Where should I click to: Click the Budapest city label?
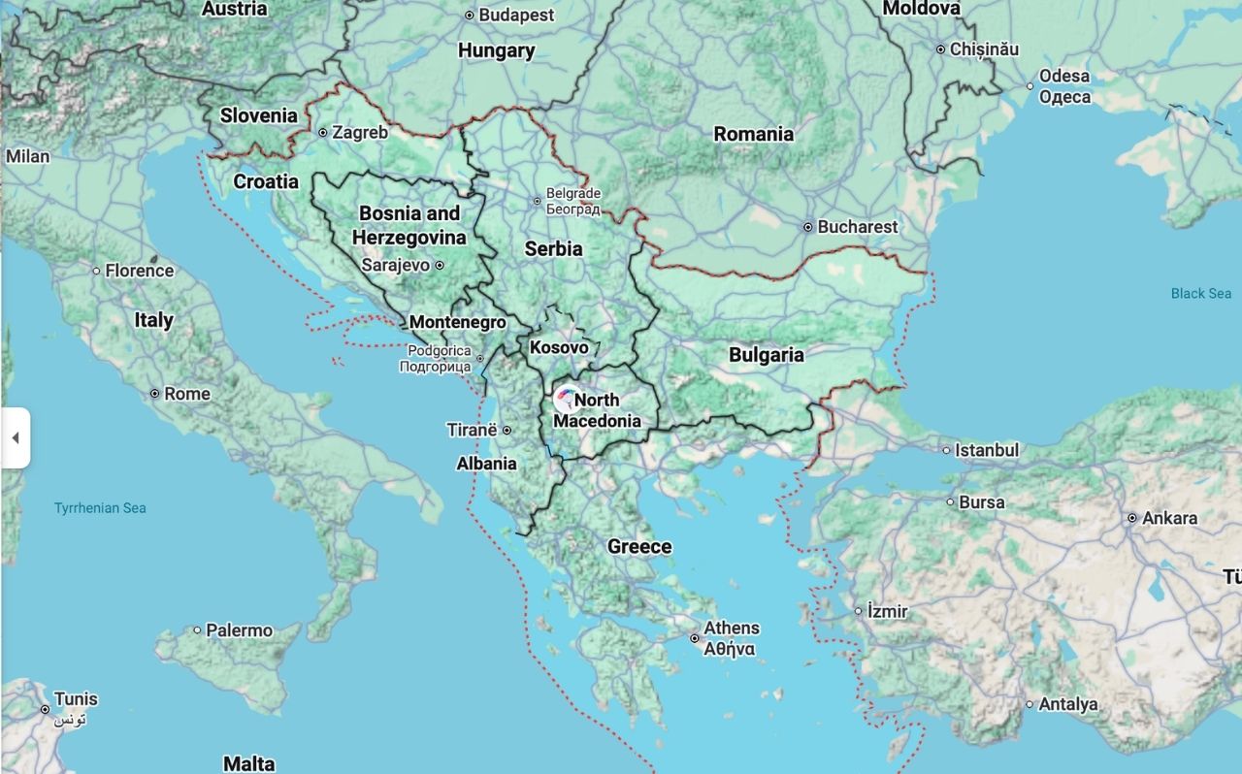tap(516, 16)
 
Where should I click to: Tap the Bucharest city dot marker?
tap(807, 227)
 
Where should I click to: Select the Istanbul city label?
tap(986, 450)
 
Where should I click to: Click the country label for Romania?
tap(753, 134)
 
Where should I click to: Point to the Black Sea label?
tap(1200, 293)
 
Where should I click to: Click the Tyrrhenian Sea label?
tap(100, 508)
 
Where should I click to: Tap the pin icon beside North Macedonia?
tap(566, 399)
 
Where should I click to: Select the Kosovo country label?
tap(559, 347)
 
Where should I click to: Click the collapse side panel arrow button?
tap(16, 438)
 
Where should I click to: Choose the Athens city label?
tap(732, 629)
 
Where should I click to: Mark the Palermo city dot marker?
tap(197, 630)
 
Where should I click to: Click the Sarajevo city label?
tap(395, 265)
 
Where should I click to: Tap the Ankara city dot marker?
tap(1132, 519)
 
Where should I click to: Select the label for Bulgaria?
tap(766, 355)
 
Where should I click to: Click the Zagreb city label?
tap(359, 133)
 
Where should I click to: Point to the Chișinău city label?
tap(984, 48)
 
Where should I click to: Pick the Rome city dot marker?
tap(155, 394)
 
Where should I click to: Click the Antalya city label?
tap(1067, 704)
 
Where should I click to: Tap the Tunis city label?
tap(76, 699)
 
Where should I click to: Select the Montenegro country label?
tap(457, 322)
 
